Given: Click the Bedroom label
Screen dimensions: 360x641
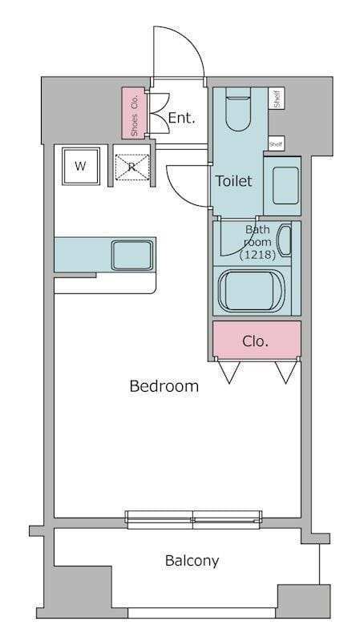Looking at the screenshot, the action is [x=164, y=386].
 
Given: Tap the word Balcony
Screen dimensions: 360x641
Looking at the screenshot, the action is [x=192, y=561].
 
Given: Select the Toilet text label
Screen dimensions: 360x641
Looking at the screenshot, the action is [x=234, y=181].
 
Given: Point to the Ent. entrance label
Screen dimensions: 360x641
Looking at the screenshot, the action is [x=182, y=118].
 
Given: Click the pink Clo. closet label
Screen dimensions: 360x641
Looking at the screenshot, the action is [x=255, y=341].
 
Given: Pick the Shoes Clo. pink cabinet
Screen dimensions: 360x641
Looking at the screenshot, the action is [x=133, y=113].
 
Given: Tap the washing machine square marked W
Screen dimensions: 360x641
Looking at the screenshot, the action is [x=81, y=166].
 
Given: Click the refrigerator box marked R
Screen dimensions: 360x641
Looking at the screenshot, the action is [x=131, y=167].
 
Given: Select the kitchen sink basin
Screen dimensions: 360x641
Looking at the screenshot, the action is [x=132, y=255].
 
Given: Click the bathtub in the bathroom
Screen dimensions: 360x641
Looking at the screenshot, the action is [x=251, y=291].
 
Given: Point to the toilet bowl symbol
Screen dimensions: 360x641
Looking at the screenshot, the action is [x=237, y=109].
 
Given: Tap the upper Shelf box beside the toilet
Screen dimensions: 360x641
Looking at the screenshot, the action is [x=277, y=99].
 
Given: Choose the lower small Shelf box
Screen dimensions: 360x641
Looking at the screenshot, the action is [x=277, y=143].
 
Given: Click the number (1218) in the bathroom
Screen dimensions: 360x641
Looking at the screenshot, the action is [x=257, y=255].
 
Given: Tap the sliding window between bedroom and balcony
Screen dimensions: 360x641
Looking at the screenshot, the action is [x=193, y=519].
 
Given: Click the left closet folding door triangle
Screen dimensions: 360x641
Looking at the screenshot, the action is [x=229, y=372].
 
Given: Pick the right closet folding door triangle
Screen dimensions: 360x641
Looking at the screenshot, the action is [x=285, y=372].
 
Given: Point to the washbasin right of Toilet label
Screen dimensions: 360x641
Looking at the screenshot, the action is [x=285, y=185].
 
